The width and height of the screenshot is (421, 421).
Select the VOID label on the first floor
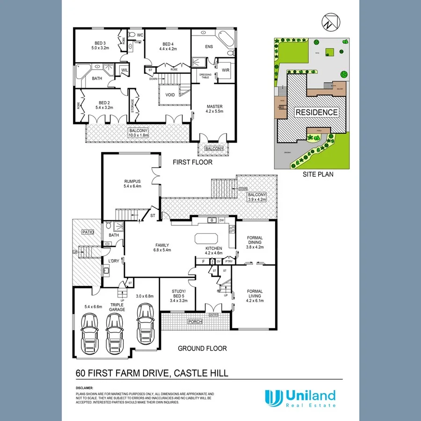tap(170, 95)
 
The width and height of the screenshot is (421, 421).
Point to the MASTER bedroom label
tap(214, 107)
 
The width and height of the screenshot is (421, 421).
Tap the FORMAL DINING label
tap(255, 240)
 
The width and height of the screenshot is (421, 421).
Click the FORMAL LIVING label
tap(255, 294)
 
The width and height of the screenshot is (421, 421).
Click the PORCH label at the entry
tap(194, 322)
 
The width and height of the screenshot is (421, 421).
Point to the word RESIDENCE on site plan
tap(316, 113)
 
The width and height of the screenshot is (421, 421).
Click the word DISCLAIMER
tap(85, 388)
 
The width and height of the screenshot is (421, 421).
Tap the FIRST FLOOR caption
tap(192, 162)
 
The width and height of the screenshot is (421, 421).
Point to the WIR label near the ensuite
tap(225, 70)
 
